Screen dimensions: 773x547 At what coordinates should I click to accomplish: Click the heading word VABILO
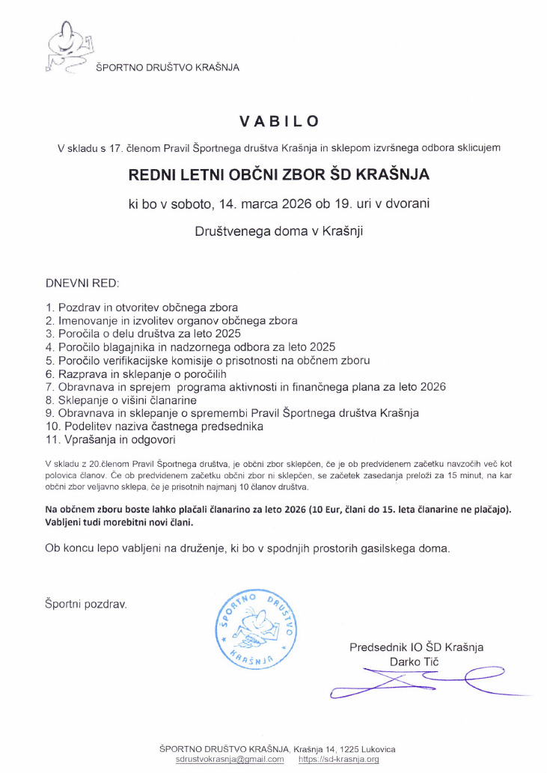[279, 121]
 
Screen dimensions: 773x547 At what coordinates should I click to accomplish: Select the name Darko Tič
[414, 662]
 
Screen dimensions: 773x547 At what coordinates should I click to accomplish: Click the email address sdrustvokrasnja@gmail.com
[230, 759]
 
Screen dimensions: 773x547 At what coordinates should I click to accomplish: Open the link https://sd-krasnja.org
[338, 759]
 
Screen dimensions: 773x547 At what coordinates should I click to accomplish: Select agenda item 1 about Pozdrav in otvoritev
[142, 308]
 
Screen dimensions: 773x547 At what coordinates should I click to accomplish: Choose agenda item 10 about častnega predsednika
[154, 426]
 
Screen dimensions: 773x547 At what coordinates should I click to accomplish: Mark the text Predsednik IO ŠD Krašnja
[417, 647]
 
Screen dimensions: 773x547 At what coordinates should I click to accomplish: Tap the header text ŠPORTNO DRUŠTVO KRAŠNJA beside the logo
[168, 68]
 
